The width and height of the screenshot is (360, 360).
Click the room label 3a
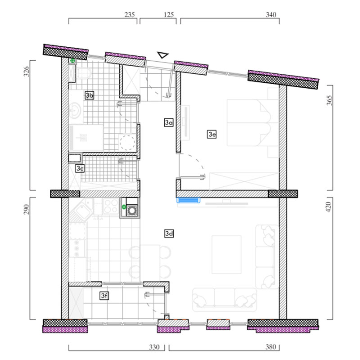point(169,122)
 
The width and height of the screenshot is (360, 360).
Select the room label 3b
point(89,95)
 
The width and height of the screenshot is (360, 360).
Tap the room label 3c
point(80,168)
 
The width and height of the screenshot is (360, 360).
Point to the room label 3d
point(169,234)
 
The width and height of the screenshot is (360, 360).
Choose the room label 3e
point(211,134)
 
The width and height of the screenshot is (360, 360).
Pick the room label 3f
point(104,296)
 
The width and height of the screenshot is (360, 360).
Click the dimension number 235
point(130,15)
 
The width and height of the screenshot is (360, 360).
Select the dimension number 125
point(169,15)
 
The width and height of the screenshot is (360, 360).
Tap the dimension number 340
point(271,15)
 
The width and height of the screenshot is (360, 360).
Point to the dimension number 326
point(27,72)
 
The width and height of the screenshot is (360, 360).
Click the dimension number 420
point(328,207)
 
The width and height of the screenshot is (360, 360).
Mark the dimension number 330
point(154,346)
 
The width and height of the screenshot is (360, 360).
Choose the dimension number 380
point(271,346)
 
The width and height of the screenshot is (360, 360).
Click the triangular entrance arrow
point(163,55)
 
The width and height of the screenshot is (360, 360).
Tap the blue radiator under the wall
point(188,200)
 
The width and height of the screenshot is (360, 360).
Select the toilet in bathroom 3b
point(83,73)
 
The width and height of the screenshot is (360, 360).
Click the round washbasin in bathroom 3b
point(75,110)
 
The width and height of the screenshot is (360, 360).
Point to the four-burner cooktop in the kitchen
point(111,206)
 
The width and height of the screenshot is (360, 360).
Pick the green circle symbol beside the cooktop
point(124,207)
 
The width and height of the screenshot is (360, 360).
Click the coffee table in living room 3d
point(226,255)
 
